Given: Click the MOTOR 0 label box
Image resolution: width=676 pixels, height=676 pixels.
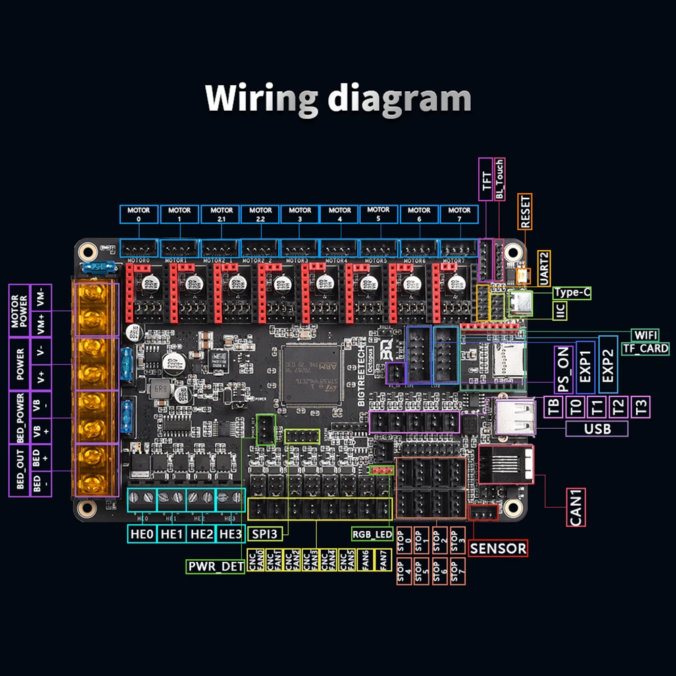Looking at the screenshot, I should click(x=140, y=214).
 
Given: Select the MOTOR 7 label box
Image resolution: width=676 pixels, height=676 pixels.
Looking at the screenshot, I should click(x=460, y=214).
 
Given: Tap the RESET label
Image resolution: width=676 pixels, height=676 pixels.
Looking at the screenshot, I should click(x=526, y=210).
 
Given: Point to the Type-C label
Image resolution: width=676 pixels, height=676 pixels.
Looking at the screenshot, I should click(x=572, y=292).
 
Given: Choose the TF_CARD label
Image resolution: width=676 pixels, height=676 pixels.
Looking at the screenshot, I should click(x=645, y=348).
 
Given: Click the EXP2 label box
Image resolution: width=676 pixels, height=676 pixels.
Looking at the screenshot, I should click(x=607, y=364).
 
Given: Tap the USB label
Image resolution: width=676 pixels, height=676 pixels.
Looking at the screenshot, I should click(x=596, y=428).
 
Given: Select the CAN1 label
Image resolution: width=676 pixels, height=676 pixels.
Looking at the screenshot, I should click(x=576, y=507).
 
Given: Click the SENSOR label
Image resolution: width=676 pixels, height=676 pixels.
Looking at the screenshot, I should click(x=498, y=548).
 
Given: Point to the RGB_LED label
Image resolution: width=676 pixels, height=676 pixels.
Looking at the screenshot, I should click(x=372, y=534).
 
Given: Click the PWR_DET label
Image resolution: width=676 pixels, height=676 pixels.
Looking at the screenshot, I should click(x=215, y=567).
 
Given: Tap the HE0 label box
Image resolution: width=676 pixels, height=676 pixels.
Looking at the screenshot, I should click(x=142, y=534).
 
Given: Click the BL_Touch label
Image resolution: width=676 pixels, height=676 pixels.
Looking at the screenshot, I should click(x=500, y=179).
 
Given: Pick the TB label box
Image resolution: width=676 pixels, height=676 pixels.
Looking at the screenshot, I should click(x=554, y=407).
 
